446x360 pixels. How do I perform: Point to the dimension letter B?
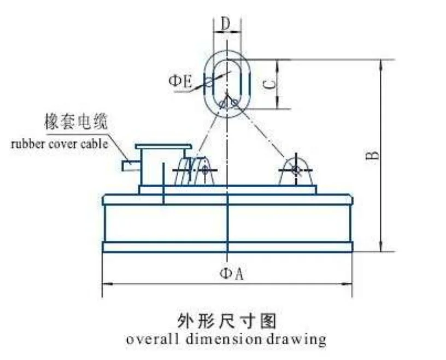(373, 155)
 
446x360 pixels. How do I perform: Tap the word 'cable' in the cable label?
(95, 144)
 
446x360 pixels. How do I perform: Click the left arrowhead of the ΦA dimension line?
(107, 283)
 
